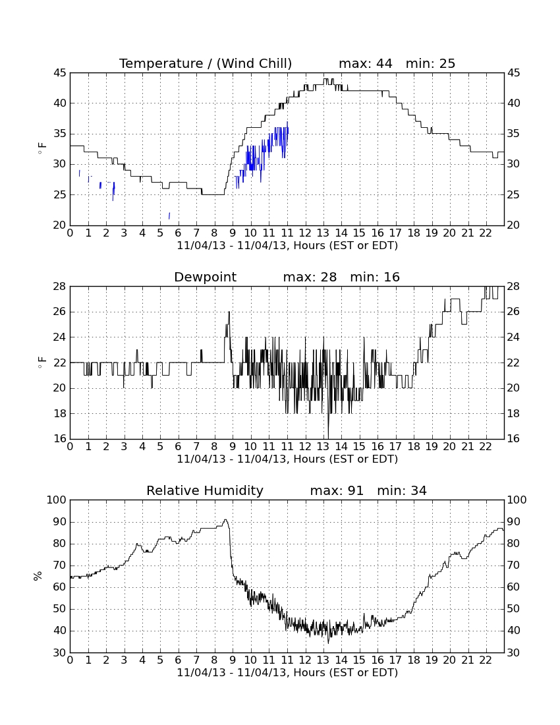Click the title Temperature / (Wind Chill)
pyautogui.click(x=206, y=63)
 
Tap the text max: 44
pyautogui.click(x=366, y=63)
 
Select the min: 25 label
pyautogui.click(x=431, y=63)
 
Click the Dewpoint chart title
pyautogui.click(x=205, y=277)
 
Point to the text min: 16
pyautogui.click(x=375, y=277)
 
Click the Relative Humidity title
pyautogui.click(x=205, y=490)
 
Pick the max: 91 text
pyautogui.click(x=337, y=490)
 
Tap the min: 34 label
pyautogui.click(x=402, y=490)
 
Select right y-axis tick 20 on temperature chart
pyautogui.click(x=514, y=225)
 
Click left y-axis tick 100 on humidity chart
pyautogui.click(x=57, y=500)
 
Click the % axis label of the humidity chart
pyautogui.click(x=38, y=576)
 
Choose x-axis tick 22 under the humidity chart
pyautogui.click(x=486, y=660)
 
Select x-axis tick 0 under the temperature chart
pyautogui.click(x=70, y=233)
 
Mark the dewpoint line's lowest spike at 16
pyautogui.click(x=328, y=438)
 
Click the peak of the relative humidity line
pyautogui.click(x=225, y=520)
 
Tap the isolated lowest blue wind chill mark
pyautogui.click(x=169, y=216)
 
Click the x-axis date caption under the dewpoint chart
pyautogui.click(x=287, y=459)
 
